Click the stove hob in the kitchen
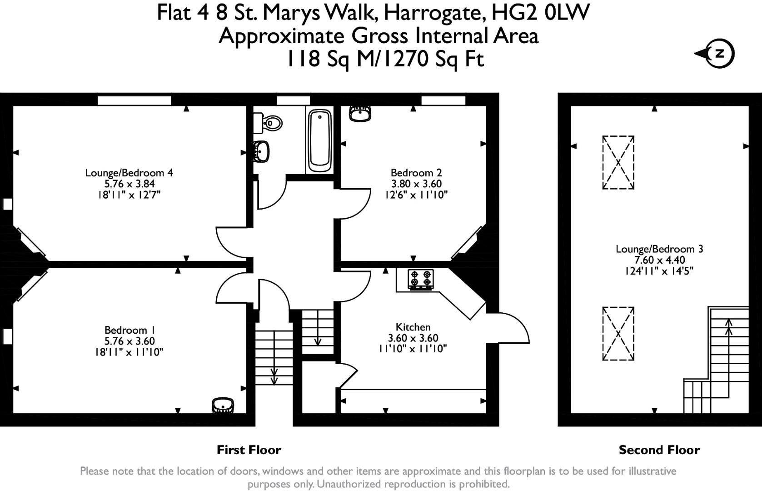click(420, 279)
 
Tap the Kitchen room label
click(413, 327)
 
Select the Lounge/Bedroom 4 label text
click(129, 173)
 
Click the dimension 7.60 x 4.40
click(659, 260)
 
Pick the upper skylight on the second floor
click(618, 162)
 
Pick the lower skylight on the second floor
click(618, 334)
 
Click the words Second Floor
click(659, 450)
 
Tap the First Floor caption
click(249, 450)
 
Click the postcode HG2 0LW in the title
click(540, 12)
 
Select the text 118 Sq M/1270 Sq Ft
click(385, 59)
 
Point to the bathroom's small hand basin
click(262, 151)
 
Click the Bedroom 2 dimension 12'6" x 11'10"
click(416, 195)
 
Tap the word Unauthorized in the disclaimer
click(350, 484)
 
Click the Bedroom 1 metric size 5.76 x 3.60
click(129, 341)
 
